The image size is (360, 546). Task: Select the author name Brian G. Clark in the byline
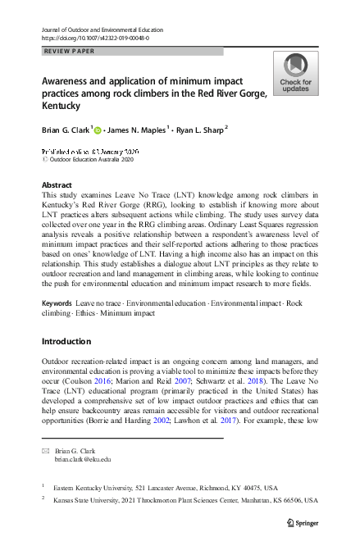[x=65, y=129]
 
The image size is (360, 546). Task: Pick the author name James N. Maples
[x=139, y=129]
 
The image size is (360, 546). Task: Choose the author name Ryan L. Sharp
[x=199, y=129]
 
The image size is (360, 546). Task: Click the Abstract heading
[x=57, y=185]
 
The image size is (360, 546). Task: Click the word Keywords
[x=56, y=303]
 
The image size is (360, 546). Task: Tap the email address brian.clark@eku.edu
[x=82, y=460]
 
